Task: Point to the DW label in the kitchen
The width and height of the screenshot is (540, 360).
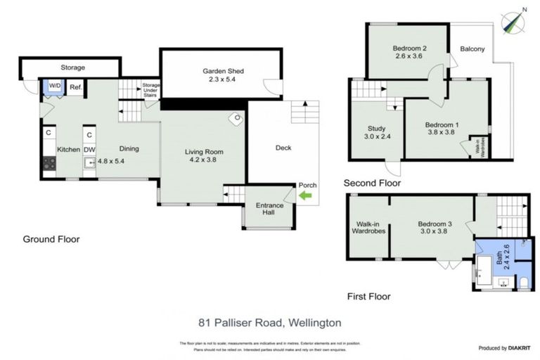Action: (x=89, y=149)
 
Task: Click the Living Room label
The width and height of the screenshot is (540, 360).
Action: (x=204, y=156)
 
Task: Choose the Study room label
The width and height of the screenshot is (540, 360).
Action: (x=376, y=133)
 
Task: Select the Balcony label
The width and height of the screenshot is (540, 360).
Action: (x=472, y=49)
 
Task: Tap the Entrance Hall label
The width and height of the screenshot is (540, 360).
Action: (x=269, y=210)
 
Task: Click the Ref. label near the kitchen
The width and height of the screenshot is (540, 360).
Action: (x=76, y=87)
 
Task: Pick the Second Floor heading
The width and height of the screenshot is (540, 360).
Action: (x=372, y=183)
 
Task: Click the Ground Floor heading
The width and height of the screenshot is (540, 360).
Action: (x=51, y=239)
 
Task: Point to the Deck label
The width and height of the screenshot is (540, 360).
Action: (x=283, y=148)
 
